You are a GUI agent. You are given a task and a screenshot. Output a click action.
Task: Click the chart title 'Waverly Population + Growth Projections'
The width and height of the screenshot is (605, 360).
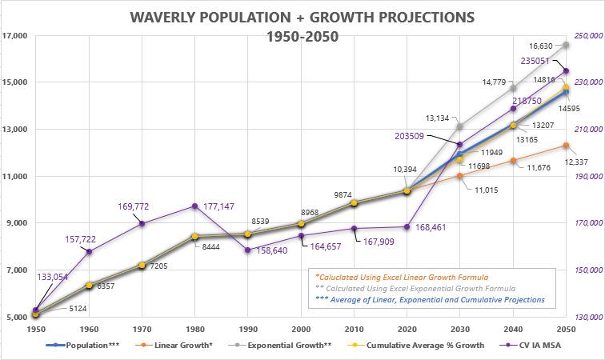click(302, 16)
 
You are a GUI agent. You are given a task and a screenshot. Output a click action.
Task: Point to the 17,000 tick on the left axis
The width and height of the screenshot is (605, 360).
click(17, 36)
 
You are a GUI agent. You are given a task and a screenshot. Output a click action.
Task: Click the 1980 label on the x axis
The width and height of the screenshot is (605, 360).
click(194, 330)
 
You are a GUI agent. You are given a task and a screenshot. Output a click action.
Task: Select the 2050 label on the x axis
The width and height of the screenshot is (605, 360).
click(567, 330)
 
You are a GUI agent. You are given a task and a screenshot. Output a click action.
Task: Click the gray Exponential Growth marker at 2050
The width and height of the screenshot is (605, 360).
click(567, 45)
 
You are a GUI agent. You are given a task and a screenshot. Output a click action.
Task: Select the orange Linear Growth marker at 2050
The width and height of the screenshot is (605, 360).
click(567, 145)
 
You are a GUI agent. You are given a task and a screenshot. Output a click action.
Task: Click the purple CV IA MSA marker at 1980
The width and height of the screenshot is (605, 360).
click(194, 206)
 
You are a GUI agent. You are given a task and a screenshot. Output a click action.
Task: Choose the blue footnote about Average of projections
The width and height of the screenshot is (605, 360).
click(430, 299)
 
